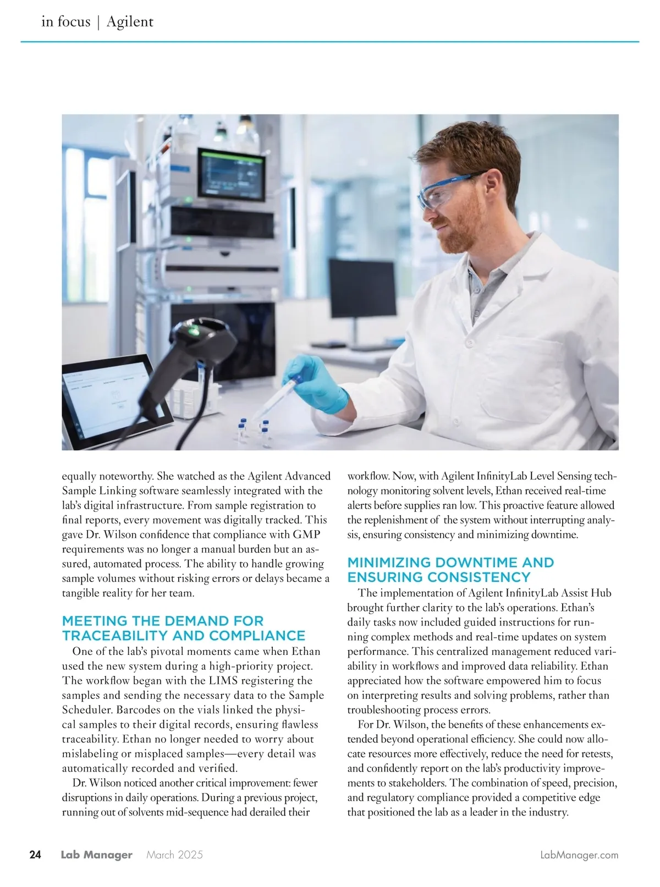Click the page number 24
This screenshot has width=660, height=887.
(35, 855)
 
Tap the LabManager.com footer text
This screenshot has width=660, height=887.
(579, 855)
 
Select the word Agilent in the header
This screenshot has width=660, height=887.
(130, 21)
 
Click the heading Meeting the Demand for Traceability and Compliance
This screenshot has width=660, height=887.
(183, 628)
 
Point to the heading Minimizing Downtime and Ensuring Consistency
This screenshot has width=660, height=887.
(450, 570)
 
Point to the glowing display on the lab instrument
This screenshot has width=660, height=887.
(231, 173)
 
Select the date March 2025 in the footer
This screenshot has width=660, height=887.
(174, 855)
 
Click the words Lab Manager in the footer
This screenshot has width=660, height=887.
(96, 855)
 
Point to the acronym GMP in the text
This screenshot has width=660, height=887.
(306, 535)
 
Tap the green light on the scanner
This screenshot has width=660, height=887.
(194, 331)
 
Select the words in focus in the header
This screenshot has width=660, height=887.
(65, 21)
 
